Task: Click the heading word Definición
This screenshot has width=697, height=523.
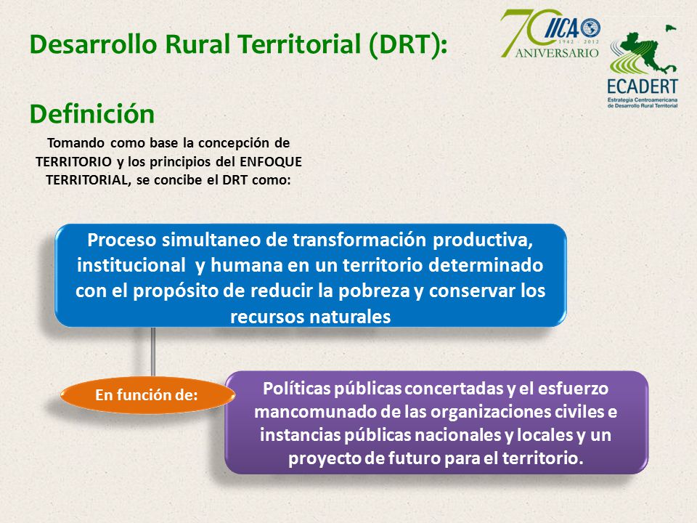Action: (92, 114)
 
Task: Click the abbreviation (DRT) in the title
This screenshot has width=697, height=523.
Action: (407, 45)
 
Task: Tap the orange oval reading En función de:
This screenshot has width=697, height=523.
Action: (147, 395)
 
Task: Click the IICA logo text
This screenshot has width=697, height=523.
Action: (561, 29)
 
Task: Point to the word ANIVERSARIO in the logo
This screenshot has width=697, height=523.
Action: (557, 53)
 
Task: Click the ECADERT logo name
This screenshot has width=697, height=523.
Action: (643, 86)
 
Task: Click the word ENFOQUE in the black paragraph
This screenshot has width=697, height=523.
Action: (271, 161)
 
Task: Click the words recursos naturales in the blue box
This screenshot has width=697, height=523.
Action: (310, 317)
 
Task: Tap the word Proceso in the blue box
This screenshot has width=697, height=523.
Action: (122, 240)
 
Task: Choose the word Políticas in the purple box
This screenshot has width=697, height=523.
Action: (296, 388)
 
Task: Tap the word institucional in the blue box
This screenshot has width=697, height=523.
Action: (131, 266)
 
